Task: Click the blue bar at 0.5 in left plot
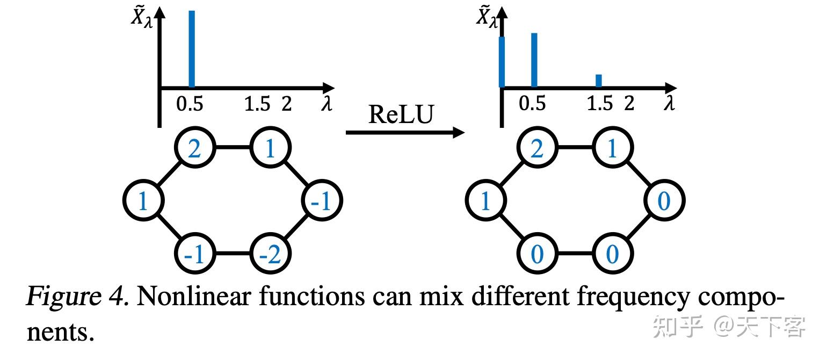[192, 48]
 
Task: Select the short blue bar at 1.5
[599, 81]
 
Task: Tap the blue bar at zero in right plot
[502, 62]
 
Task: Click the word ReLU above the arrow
[400, 114]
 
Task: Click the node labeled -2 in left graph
[270, 254]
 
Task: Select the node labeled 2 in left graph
[194, 148]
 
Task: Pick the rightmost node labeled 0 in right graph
[664, 201]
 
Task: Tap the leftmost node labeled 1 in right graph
[485, 201]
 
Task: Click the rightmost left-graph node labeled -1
[322, 201]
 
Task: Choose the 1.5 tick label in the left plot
[257, 104]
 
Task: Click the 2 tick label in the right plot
[629, 103]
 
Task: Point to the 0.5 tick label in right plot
[532, 103]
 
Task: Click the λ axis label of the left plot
[327, 104]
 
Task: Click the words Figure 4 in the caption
[77, 297]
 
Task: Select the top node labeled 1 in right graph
[612, 148]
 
